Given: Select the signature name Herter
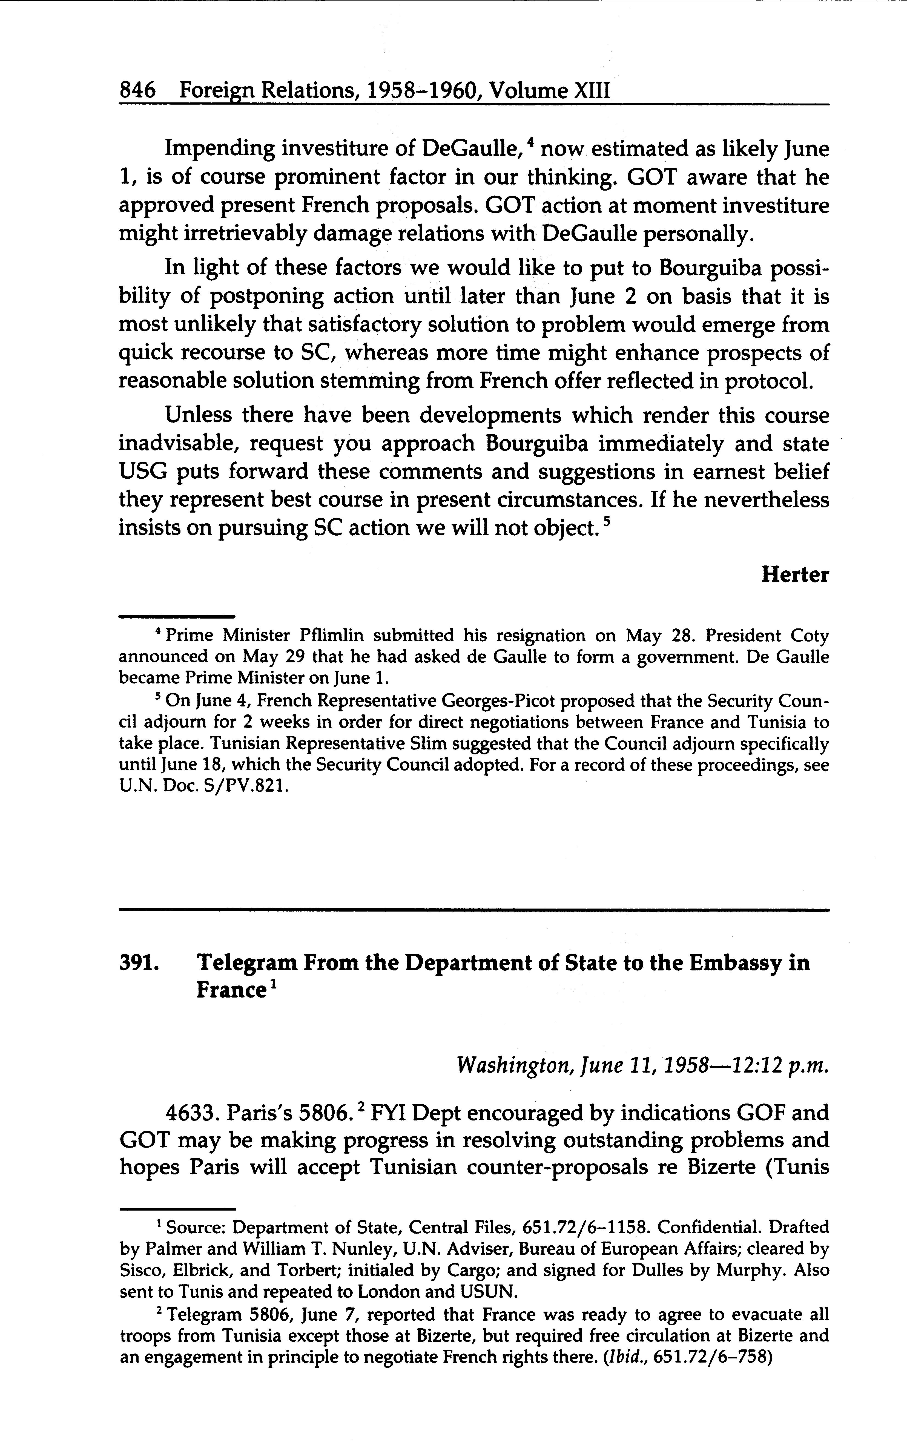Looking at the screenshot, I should tap(795, 575).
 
